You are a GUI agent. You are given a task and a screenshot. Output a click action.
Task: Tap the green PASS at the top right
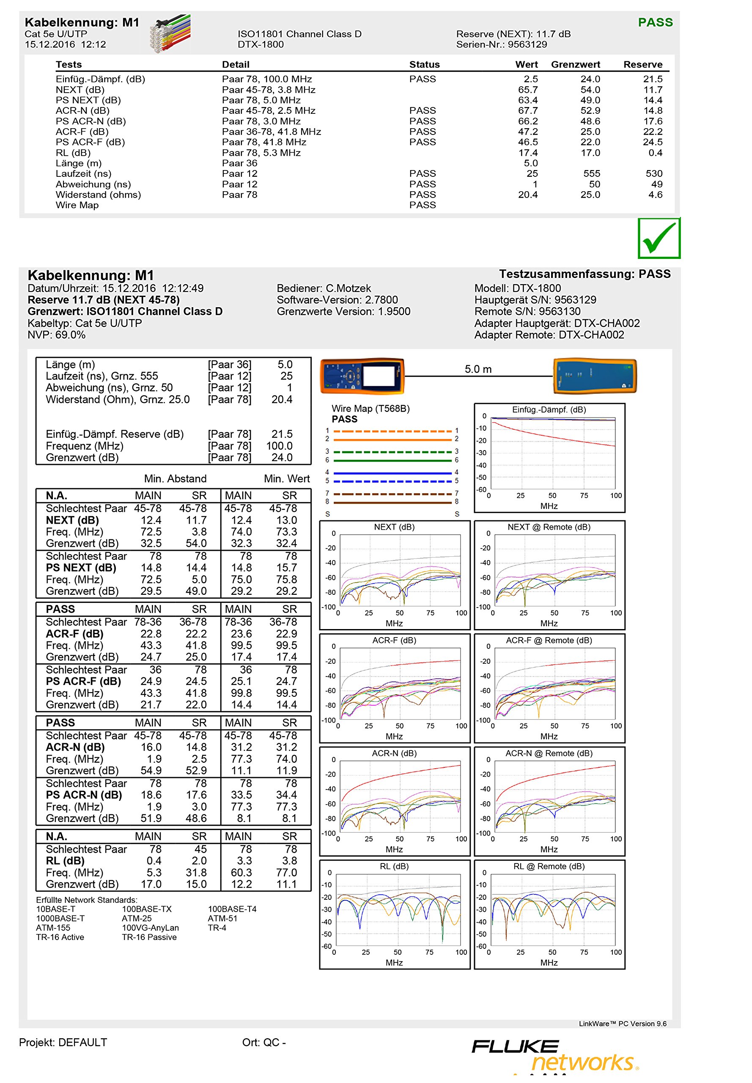[655, 22]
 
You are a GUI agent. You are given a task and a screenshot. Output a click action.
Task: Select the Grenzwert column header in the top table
[575, 65]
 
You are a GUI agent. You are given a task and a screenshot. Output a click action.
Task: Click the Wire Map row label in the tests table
[77, 205]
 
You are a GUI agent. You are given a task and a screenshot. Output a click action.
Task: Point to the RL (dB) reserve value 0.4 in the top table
[655, 153]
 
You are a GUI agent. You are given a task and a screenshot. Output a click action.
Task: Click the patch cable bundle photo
[170, 33]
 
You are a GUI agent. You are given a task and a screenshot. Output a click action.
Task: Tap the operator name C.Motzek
[348, 289]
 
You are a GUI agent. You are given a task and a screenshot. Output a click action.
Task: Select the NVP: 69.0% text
[57, 335]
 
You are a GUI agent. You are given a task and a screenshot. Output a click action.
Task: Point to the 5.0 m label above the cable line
[478, 369]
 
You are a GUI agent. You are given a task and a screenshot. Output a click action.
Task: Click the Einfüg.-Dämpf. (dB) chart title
[549, 410]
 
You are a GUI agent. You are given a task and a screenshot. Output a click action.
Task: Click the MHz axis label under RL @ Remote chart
[549, 962]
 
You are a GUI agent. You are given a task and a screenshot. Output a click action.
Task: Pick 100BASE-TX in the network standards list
[146, 909]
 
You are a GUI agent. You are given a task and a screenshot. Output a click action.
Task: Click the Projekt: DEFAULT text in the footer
[63, 1042]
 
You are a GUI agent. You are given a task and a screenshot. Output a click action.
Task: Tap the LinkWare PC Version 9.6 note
[622, 1024]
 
